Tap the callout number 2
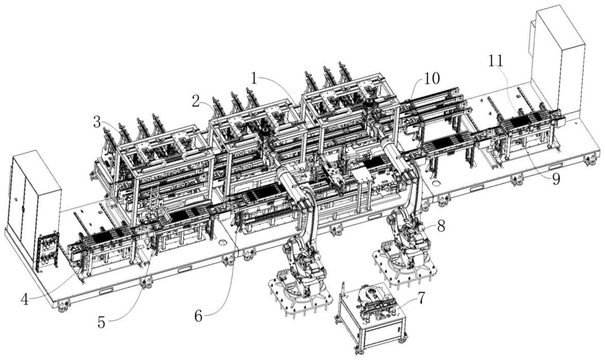196,101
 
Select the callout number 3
97,122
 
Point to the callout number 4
25,299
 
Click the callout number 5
101,322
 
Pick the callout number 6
198,316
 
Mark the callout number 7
421,299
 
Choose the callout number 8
441,226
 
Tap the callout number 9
556,179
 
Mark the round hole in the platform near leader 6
223,242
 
